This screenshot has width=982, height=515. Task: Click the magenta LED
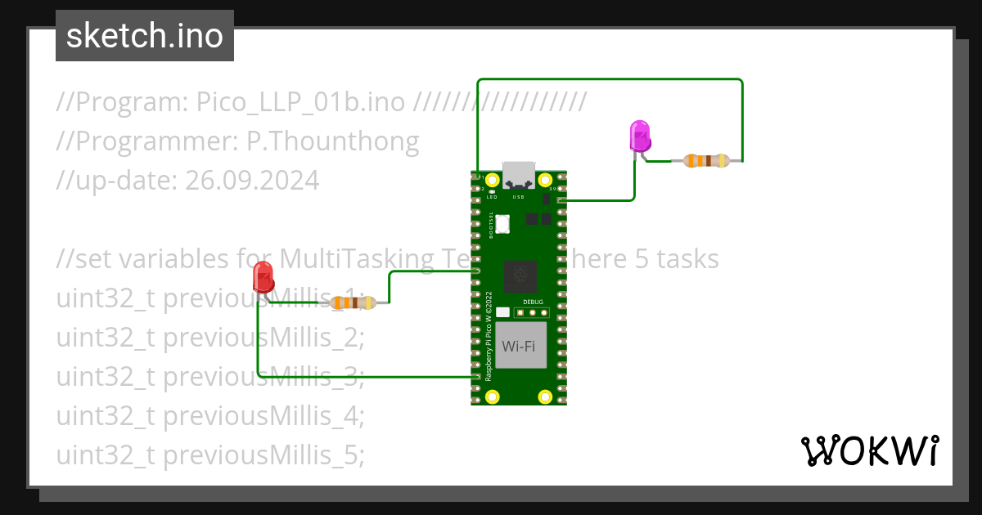[639, 136]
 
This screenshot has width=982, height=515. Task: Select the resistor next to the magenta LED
[705, 161]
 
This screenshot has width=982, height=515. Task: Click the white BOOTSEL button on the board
[502, 222]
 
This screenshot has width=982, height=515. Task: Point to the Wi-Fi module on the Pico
[519, 345]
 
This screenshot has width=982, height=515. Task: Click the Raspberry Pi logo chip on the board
[519, 276]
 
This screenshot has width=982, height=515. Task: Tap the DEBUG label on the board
[533, 302]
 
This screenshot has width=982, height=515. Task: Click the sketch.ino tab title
[145, 37]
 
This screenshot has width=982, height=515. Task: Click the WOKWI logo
[868, 450]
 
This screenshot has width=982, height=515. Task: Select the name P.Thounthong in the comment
[332, 141]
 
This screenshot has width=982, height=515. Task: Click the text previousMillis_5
[262, 455]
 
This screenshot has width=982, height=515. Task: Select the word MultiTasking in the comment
[357, 259]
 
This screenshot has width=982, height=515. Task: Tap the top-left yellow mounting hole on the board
[492, 180]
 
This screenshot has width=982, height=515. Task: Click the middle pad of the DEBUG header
[532, 312]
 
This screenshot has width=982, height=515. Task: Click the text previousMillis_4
[262, 415]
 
